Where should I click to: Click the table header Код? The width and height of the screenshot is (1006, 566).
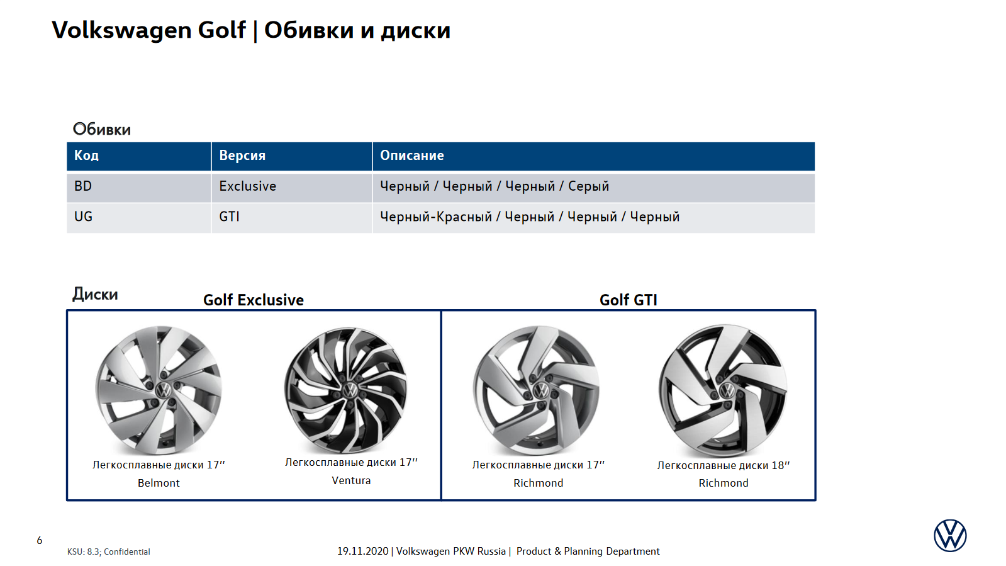86,156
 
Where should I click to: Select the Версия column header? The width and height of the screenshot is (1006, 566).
242,156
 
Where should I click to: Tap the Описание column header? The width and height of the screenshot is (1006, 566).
412,156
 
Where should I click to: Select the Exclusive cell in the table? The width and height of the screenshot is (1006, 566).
247,186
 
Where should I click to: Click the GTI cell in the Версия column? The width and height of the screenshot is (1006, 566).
229,217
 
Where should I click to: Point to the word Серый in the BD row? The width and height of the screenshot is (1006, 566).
588,186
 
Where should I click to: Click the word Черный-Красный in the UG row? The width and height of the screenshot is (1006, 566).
436,217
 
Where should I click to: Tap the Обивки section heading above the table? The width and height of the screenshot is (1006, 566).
101,130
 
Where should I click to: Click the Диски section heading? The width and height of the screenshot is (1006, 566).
95,295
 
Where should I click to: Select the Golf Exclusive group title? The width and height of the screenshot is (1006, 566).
254,300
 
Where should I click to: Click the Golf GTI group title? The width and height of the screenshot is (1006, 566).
629,300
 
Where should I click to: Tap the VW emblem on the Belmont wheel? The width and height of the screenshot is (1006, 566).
164,390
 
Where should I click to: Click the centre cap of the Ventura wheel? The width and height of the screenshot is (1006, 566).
350,390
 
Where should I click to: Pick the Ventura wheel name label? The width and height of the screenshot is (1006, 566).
351,480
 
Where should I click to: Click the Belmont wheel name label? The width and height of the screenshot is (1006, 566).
159,484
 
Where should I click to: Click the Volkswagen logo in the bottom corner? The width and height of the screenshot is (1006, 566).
950,535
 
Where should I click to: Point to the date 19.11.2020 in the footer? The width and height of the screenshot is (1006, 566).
363,551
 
